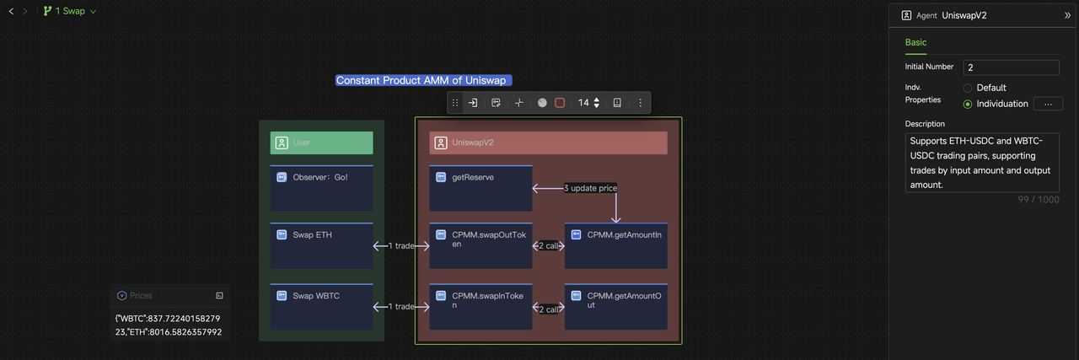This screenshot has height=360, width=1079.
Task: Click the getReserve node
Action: click(x=480, y=188)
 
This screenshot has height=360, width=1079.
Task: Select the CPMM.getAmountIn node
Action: click(x=616, y=245)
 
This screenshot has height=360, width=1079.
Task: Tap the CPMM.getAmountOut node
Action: click(x=616, y=306)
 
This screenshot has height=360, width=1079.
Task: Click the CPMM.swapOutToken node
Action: click(x=480, y=245)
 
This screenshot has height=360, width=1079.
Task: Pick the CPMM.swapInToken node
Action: click(x=480, y=306)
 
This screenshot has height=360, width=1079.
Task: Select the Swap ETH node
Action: click(x=321, y=245)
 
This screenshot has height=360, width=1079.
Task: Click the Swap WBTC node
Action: click(x=321, y=306)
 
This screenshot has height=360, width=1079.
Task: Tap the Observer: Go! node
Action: click(x=321, y=188)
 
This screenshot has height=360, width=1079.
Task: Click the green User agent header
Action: click(x=321, y=142)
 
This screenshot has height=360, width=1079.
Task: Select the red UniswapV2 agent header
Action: click(x=548, y=142)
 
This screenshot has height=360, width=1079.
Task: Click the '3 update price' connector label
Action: click(x=591, y=188)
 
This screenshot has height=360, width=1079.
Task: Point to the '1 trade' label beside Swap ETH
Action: click(x=401, y=246)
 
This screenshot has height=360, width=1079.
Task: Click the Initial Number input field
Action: click(x=1011, y=67)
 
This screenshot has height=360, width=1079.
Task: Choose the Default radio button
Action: click(x=968, y=88)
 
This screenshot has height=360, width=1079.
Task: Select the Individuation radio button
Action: click(x=968, y=104)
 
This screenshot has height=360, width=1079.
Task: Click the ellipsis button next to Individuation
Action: click(x=1047, y=104)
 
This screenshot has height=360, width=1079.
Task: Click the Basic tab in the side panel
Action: click(x=915, y=42)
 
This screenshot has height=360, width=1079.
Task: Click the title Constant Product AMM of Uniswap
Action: click(x=421, y=80)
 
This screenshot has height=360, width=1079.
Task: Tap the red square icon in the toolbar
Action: click(x=560, y=103)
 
